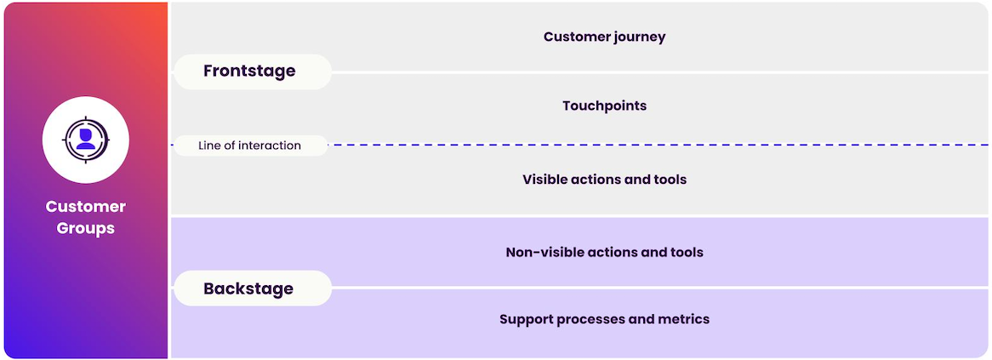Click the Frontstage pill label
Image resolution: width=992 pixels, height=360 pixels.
(x=249, y=71)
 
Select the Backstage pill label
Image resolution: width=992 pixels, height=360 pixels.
(x=248, y=289)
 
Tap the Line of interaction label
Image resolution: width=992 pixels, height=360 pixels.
(x=249, y=146)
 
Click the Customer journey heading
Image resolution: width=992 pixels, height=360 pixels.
(x=604, y=37)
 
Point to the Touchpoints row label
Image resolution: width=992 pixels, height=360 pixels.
(x=604, y=106)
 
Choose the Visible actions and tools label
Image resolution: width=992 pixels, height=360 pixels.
(x=604, y=180)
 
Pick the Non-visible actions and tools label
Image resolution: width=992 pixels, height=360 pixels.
(x=604, y=252)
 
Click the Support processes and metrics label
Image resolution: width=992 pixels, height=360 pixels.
(x=604, y=319)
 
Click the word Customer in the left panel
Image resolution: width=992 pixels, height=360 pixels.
(x=86, y=207)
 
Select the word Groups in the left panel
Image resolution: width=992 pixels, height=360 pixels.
(x=86, y=228)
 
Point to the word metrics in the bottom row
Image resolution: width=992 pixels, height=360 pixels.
(x=683, y=319)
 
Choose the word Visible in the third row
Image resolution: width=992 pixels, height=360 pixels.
(x=544, y=180)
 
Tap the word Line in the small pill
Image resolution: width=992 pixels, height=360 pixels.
(x=209, y=146)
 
